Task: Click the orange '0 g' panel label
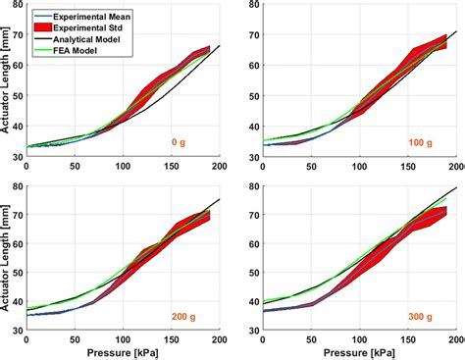tap(178, 141)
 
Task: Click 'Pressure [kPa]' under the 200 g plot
tap(124, 352)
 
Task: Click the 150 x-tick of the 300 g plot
tap(409, 339)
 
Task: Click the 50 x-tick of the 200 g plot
tap(75, 339)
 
